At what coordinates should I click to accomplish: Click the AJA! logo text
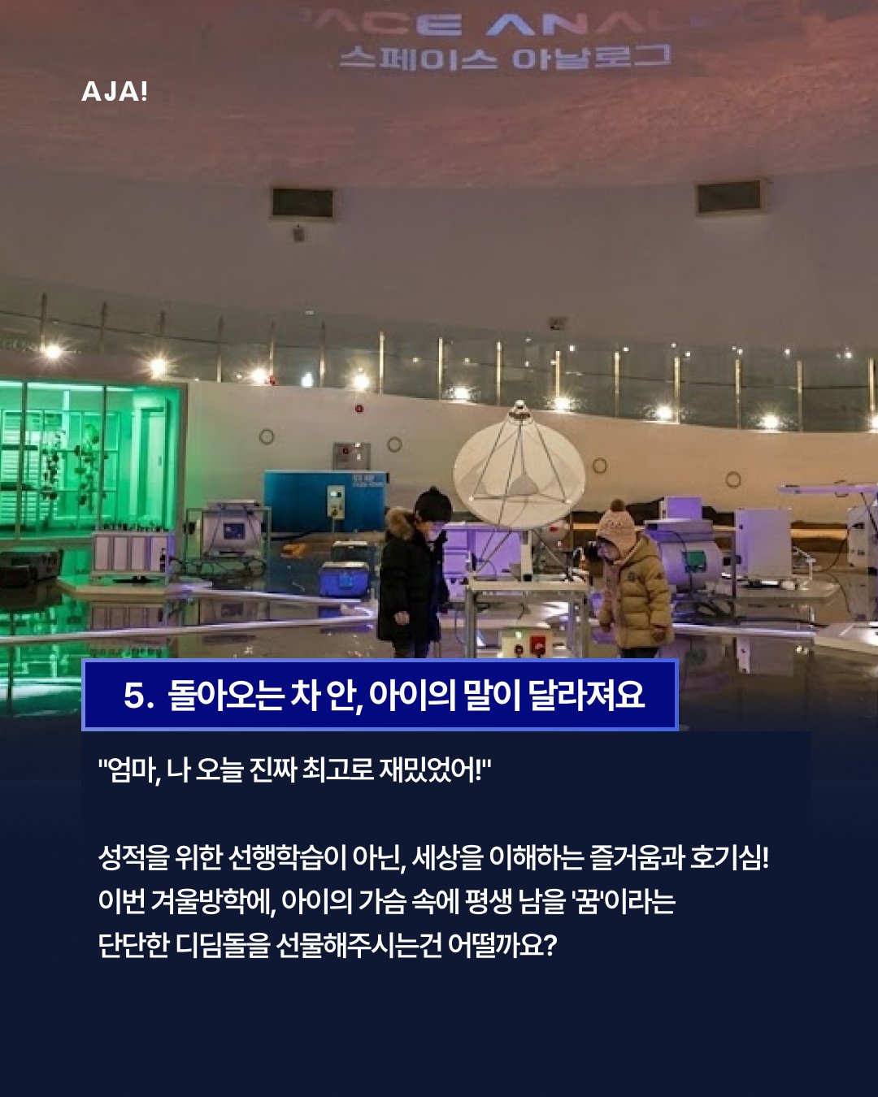115,91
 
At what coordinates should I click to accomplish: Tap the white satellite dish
519,471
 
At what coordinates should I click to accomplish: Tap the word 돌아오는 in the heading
225,696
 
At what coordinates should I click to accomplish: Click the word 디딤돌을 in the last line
223,945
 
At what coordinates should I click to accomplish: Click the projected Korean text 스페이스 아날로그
504,58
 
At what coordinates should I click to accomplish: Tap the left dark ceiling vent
302,203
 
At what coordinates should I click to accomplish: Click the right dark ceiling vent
730,197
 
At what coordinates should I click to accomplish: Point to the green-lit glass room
89,459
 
